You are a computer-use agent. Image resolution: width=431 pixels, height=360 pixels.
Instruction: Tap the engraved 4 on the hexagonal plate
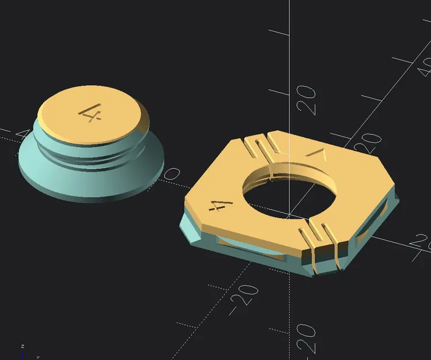click(x=222, y=203)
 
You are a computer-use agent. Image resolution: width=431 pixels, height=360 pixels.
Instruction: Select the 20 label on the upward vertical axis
click(x=306, y=100)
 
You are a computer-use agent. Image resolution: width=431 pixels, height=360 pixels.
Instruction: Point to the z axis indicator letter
click(x=22, y=346)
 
